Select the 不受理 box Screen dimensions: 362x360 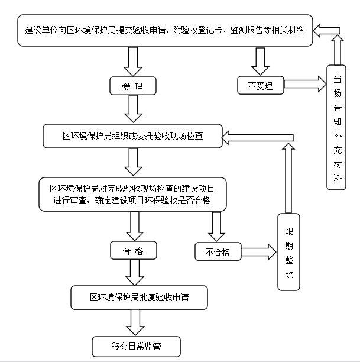tap(260, 85)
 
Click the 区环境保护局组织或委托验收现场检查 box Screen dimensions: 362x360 tap(132, 135)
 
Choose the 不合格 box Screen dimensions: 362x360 tap(218, 251)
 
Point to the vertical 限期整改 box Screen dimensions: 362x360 tap(288, 252)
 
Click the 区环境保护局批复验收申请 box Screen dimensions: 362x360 tap(139, 297)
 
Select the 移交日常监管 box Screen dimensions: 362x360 tap(135, 346)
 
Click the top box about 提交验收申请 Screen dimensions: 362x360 tap(165, 30)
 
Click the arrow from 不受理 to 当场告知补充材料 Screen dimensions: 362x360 tap(305, 84)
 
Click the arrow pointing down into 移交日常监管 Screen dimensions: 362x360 tap(135, 322)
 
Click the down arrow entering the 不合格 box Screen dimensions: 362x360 tap(217, 226)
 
